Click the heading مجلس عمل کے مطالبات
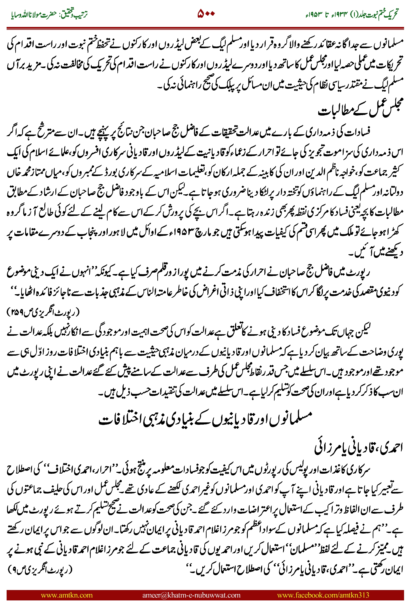361,108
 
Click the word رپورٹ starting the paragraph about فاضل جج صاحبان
361,273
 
